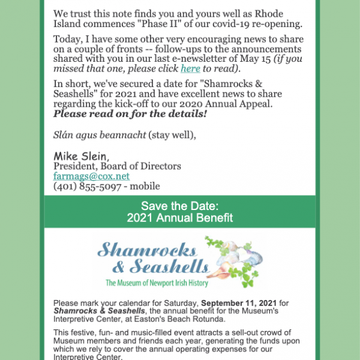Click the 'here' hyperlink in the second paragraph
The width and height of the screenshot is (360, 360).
coord(190,69)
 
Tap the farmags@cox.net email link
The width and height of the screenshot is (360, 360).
coord(91,176)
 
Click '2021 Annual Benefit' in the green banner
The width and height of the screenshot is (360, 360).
coord(180,218)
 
